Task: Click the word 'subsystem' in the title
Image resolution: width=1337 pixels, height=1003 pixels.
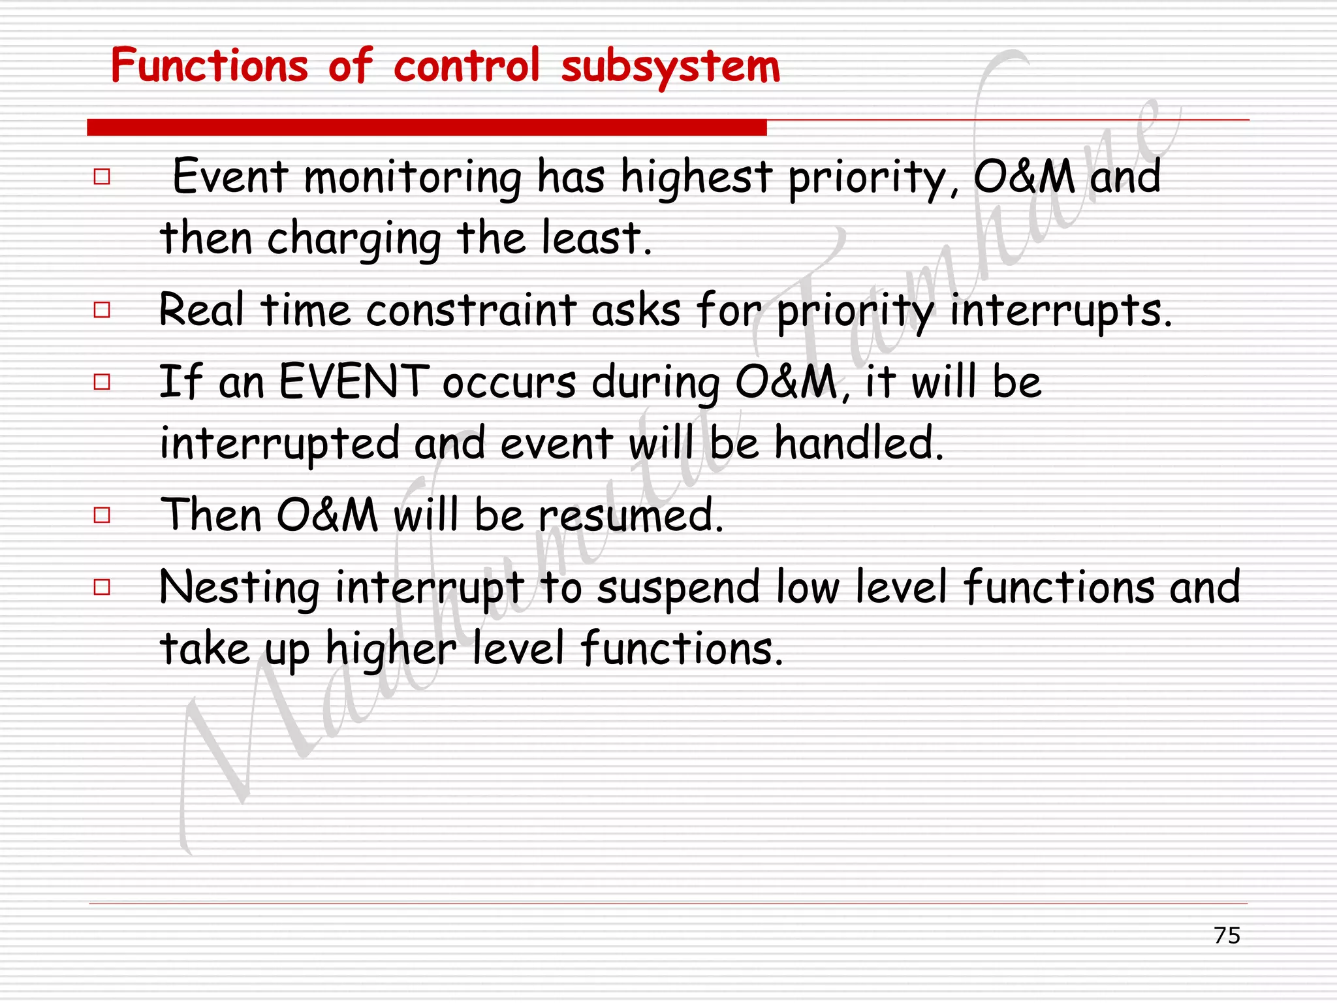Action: coord(670,67)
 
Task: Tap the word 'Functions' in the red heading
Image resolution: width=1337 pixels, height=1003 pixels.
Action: coord(209,66)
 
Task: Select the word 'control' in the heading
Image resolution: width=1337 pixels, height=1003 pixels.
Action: coord(466,66)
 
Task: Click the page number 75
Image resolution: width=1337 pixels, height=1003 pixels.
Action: coord(1227,935)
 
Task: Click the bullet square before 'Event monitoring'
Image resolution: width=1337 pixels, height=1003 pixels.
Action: coord(102,176)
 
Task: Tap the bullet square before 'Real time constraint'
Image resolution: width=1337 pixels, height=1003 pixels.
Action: coord(102,310)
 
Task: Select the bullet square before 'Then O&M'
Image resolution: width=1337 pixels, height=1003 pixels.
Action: coord(102,515)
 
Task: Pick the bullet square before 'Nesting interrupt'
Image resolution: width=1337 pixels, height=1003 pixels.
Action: coord(102,587)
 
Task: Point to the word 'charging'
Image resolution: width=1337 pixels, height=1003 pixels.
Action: coord(354,240)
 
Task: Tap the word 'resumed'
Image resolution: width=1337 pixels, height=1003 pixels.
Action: coord(630,515)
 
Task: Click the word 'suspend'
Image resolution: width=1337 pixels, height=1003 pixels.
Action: coord(679,588)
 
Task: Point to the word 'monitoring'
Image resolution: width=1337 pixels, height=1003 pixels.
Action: coord(413,178)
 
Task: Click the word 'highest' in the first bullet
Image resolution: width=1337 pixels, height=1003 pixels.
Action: coord(697,178)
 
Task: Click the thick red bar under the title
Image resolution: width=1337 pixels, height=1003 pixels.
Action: coord(426,127)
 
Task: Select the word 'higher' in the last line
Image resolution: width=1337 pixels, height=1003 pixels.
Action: coord(391,650)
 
